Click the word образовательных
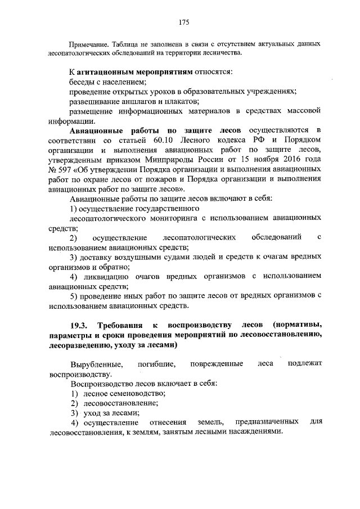[x=215, y=92]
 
